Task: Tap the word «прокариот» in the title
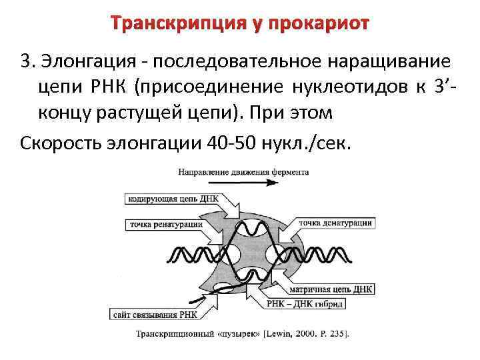tap(319, 25)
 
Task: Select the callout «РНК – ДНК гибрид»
tap(327, 303)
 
